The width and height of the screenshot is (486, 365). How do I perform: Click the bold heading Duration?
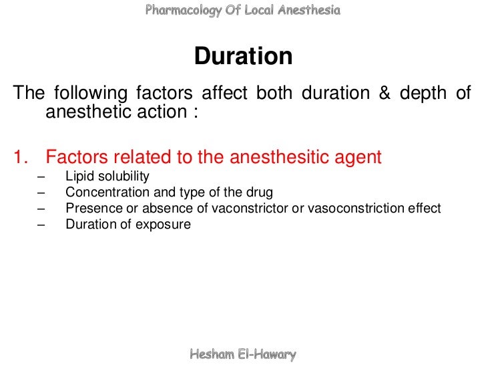[x=243, y=57]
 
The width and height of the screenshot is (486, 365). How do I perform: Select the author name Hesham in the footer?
[x=212, y=354]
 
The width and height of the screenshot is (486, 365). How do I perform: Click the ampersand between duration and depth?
[x=384, y=94]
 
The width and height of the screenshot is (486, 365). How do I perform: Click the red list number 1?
[x=19, y=158]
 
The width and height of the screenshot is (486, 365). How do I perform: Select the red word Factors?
[x=77, y=158]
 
